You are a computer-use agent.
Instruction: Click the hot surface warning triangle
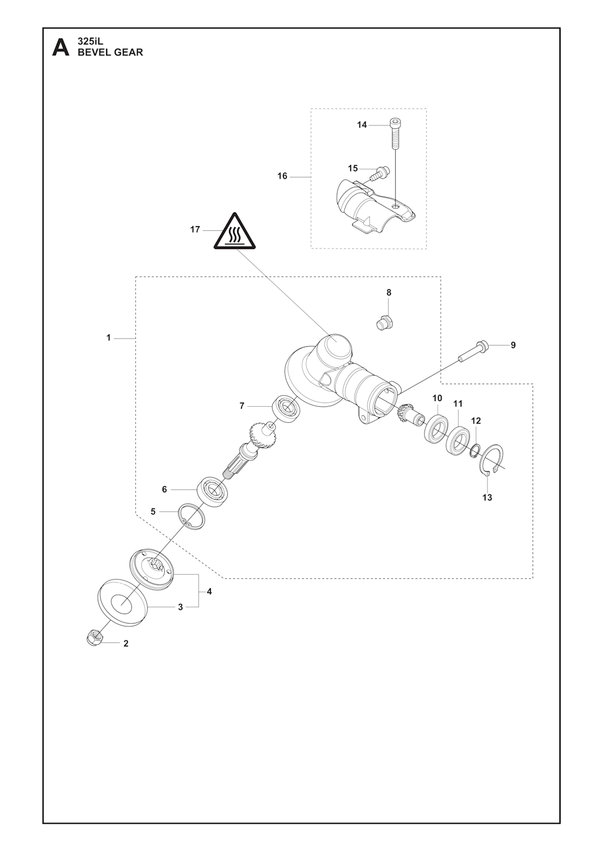234,232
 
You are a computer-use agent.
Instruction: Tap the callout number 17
195,230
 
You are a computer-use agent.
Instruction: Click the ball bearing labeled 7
287,409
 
